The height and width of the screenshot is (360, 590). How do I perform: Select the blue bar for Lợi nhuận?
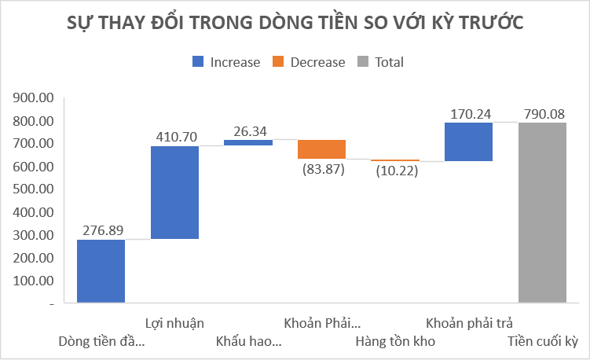[x=174, y=193]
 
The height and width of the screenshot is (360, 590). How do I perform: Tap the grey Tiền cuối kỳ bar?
[x=542, y=212]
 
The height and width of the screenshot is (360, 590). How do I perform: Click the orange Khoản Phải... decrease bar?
[x=321, y=149]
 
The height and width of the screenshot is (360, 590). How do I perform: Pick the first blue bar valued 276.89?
[x=101, y=270]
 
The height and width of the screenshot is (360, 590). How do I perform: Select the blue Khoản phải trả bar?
[x=468, y=141]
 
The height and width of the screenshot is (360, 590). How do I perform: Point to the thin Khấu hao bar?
[x=248, y=142]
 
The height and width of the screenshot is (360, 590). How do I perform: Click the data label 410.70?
[x=174, y=137]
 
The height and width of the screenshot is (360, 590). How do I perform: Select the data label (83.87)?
[x=321, y=170]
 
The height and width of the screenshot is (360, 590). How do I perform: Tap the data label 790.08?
[x=542, y=114]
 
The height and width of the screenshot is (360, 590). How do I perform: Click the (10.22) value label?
[x=395, y=171]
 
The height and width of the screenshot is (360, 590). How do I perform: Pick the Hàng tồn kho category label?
[x=395, y=342]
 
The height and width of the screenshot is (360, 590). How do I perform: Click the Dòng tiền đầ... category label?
[x=102, y=342]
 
